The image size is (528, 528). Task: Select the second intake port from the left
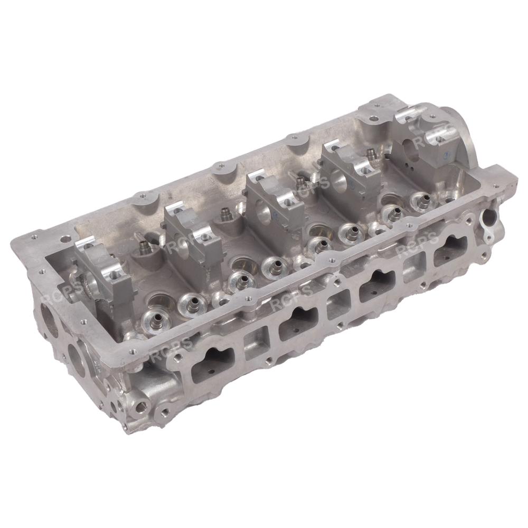[x=298, y=322]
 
